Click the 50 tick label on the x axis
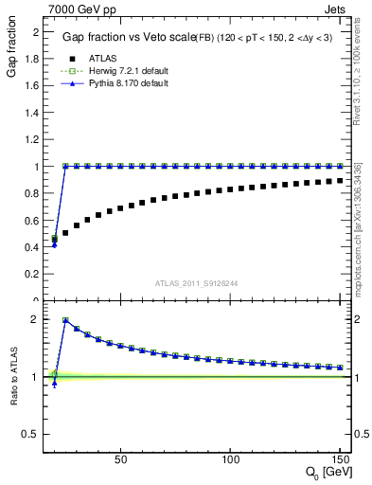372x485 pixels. pos(120,459)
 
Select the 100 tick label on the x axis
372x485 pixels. pos(230,459)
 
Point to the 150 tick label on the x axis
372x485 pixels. pos(339,459)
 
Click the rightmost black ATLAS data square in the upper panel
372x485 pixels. pos(339,180)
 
